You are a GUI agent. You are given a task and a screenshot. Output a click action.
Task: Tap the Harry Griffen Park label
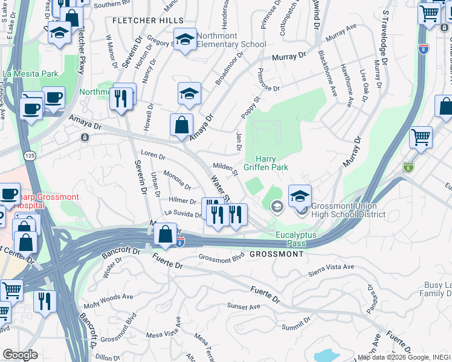click(266, 162)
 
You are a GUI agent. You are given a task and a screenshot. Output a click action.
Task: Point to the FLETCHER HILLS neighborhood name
click(148, 21)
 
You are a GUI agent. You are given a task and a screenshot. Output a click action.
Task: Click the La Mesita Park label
click(30, 74)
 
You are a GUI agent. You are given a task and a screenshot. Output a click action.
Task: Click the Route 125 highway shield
click(28, 156)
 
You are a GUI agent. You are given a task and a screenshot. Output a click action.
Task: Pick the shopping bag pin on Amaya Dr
click(181, 125)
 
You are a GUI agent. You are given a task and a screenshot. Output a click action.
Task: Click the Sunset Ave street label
click(239, 306)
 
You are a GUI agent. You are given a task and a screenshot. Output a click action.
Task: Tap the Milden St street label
click(225, 168)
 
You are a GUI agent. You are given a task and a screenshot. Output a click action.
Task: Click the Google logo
click(20, 355)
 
